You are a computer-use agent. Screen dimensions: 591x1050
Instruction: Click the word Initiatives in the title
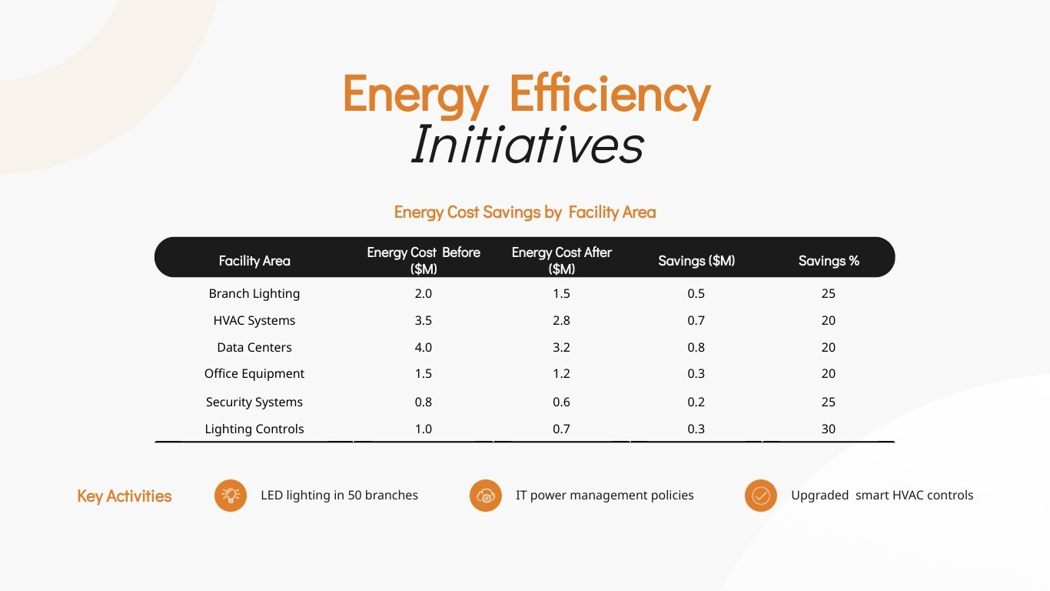click(x=527, y=145)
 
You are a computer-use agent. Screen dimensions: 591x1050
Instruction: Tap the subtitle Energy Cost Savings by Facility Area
click(x=525, y=212)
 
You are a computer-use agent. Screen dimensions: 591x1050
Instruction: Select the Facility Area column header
click(x=254, y=261)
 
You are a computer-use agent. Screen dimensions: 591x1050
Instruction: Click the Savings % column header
click(x=829, y=261)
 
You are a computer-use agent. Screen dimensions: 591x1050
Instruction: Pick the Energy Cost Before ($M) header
click(x=424, y=260)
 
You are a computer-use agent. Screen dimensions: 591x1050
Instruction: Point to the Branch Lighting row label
click(x=254, y=293)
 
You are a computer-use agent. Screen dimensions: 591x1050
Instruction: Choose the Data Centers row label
click(x=254, y=347)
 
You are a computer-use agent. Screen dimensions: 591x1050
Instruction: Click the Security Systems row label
click(x=254, y=402)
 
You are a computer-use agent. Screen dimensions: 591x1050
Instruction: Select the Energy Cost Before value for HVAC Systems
click(x=424, y=320)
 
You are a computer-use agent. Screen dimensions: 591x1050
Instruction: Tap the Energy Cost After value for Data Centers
click(x=561, y=347)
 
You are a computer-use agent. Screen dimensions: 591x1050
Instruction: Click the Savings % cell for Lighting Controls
click(x=828, y=429)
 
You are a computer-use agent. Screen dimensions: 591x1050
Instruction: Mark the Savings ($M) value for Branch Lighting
click(x=696, y=293)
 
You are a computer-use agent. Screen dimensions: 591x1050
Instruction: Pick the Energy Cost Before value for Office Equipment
click(x=424, y=373)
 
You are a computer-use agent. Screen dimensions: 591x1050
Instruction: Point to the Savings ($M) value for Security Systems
click(x=696, y=402)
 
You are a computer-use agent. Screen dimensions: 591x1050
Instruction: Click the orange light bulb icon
click(x=231, y=496)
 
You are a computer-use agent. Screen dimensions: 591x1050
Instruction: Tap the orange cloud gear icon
click(x=486, y=496)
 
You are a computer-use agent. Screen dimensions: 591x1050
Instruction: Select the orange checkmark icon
click(x=761, y=496)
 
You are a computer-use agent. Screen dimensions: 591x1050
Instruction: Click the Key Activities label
click(x=125, y=496)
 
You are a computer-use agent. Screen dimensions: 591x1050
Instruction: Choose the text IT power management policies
click(x=604, y=496)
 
